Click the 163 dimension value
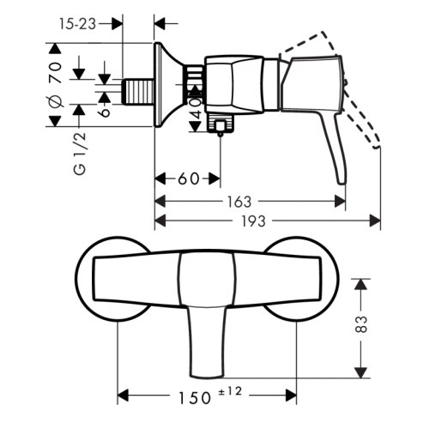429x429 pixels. pyautogui.click(x=241, y=202)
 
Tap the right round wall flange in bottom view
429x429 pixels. pyautogui.click(x=296, y=282)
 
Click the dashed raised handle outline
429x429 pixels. pyautogui.click(x=360, y=94)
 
